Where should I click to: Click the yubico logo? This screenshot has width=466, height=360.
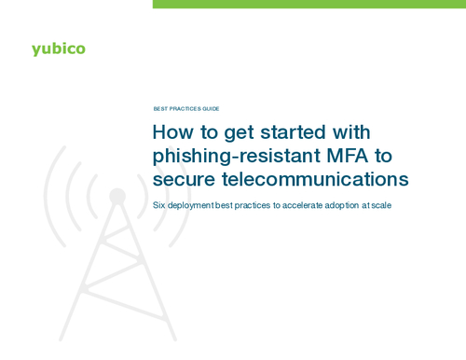(58, 48)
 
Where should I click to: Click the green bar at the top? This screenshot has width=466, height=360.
(308, 4)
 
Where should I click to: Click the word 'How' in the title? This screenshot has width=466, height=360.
(171, 132)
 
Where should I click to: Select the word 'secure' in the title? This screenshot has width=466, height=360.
(181, 178)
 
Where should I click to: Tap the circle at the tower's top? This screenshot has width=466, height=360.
(117, 196)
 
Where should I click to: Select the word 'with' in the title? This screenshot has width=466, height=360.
(349, 132)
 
